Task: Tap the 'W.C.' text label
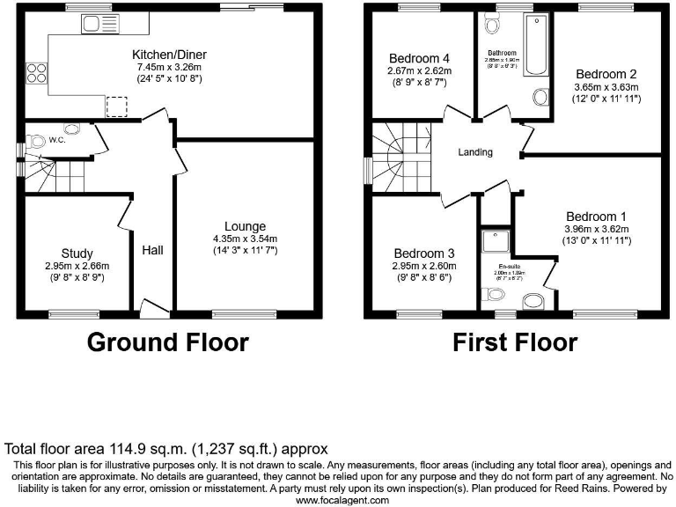click(57, 140)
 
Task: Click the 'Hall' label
click(152, 251)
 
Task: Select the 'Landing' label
click(475, 152)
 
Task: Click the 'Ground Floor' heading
click(167, 342)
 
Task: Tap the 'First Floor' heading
click(515, 342)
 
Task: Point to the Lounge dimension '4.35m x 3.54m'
click(245, 239)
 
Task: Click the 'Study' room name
click(77, 253)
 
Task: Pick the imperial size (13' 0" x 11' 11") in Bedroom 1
click(597, 242)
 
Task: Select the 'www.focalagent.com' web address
click(342, 500)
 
